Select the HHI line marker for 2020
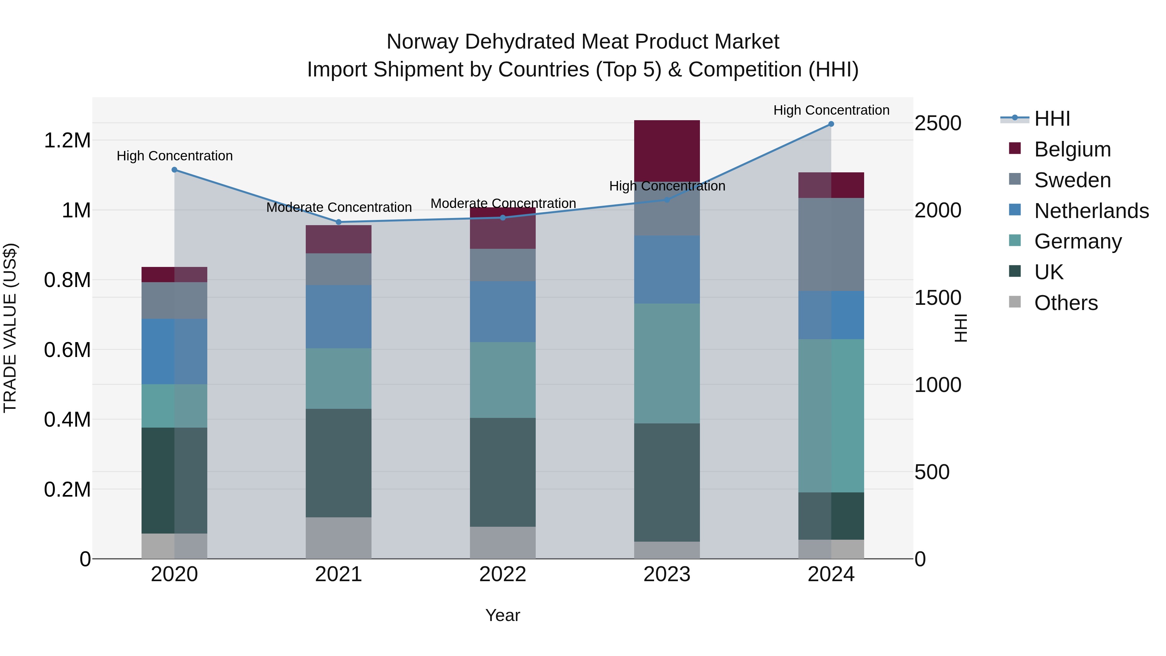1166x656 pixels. [x=174, y=170]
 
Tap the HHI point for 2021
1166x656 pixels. [x=338, y=222]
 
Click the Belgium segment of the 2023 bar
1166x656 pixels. [x=667, y=151]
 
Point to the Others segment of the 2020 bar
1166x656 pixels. [x=174, y=546]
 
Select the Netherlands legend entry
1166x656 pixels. [x=1091, y=211]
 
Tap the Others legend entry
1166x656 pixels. [x=1066, y=303]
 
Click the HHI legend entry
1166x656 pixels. [x=1052, y=119]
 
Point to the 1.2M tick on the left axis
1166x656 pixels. [x=67, y=140]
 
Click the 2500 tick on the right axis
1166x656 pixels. [x=938, y=123]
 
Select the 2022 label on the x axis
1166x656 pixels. [x=502, y=574]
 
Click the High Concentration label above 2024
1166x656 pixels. [x=831, y=110]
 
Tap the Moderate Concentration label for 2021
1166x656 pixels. [x=338, y=207]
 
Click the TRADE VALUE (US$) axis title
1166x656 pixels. [x=10, y=328]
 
